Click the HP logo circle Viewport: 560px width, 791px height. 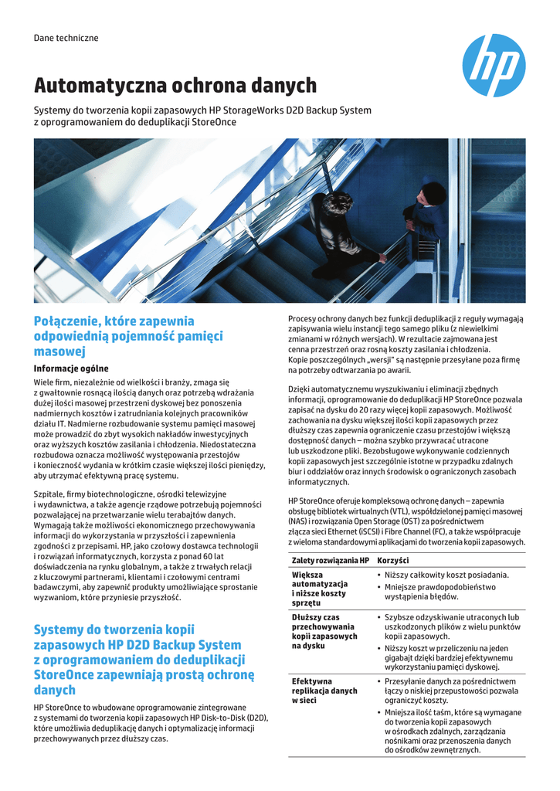point(494,66)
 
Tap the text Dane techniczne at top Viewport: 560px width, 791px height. point(66,38)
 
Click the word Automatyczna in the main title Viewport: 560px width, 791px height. point(100,86)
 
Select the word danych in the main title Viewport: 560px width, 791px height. point(286,86)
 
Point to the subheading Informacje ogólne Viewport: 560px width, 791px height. point(71,368)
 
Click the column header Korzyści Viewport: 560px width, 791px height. point(392,559)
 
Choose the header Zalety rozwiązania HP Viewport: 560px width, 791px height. point(330,559)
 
